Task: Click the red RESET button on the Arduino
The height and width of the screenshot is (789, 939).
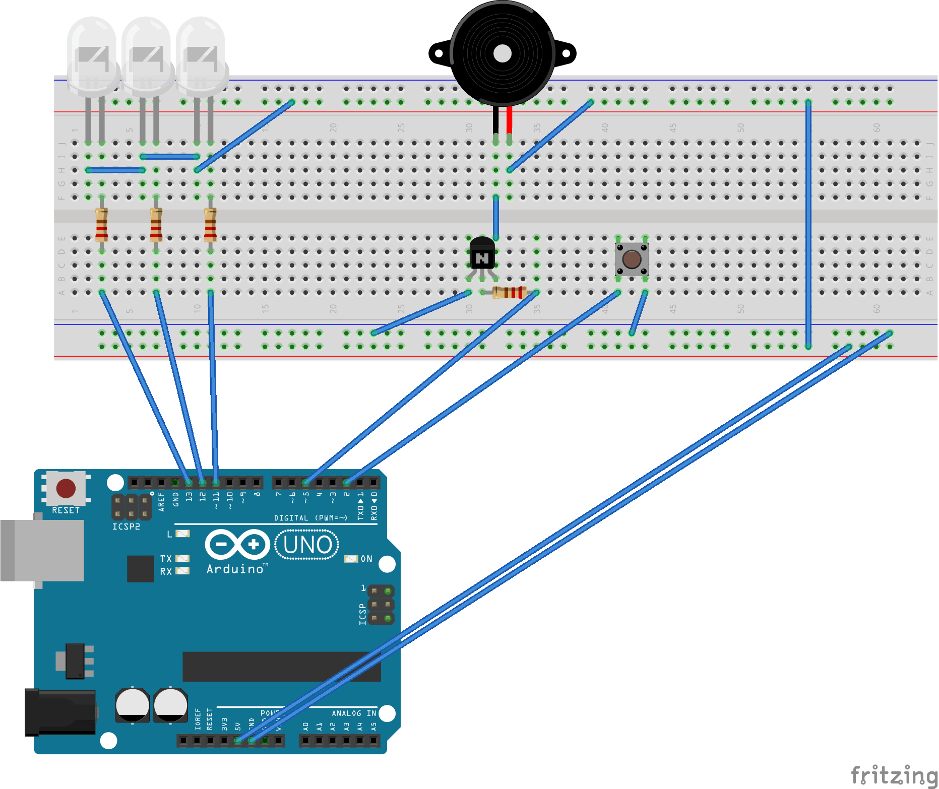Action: (66, 488)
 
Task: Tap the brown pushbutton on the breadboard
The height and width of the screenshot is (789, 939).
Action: (632, 259)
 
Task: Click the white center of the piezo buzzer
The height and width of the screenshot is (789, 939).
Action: (502, 53)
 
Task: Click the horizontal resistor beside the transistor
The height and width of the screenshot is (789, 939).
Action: (509, 292)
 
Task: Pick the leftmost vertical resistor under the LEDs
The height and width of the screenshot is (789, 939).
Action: (102, 224)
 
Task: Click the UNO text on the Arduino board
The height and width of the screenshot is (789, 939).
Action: (307, 545)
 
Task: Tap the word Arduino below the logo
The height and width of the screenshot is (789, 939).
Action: (235, 569)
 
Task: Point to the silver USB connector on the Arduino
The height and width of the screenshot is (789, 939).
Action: (43, 550)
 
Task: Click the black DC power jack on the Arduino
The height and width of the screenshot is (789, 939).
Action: (60, 713)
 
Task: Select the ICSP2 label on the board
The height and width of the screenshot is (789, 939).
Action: (126, 527)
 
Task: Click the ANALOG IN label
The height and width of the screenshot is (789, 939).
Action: (354, 713)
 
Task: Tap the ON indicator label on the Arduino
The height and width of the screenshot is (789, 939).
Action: (366, 559)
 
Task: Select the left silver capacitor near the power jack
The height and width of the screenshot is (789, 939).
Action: (132, 705)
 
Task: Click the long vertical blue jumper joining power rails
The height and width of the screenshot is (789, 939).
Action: (808, 224)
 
